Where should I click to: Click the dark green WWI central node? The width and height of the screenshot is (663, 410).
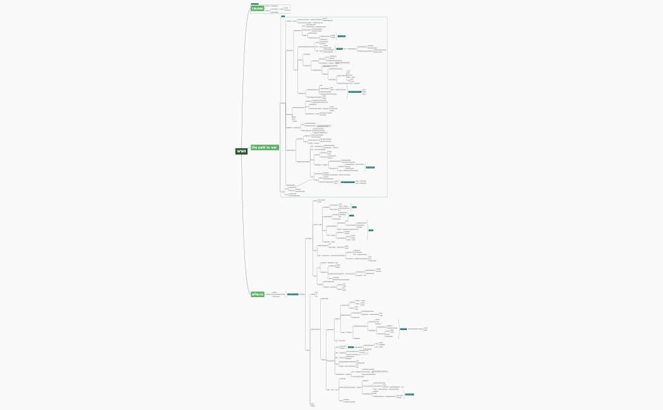(x=241, y=151)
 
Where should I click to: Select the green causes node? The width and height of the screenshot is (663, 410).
(x=257, y=8)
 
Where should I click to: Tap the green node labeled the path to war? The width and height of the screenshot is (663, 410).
(x=265, y=148)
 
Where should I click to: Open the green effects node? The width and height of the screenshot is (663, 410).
(x=258, y=295)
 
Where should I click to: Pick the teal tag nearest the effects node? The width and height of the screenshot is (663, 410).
(x=293, y=295)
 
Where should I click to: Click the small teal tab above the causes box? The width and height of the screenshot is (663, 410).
(x=254, y=4)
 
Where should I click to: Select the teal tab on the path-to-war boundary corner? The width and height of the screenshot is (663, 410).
(x=283, y=16)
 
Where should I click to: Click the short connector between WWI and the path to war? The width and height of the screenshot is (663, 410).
(x=249, y=149)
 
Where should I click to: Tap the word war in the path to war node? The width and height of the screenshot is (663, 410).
(x=274, y=148)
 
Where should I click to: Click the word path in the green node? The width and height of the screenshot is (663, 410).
(x=264, y=148)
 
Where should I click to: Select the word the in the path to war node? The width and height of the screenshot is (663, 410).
(x=255, y=148)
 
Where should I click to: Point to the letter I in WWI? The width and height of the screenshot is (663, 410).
(x=245, y=151)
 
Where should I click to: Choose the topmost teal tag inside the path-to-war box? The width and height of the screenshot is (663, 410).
(x=342, y=36)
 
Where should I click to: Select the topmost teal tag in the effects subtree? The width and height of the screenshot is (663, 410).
(x=355, y=207)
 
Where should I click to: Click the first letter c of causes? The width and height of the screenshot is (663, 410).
(x=253, y=8)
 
